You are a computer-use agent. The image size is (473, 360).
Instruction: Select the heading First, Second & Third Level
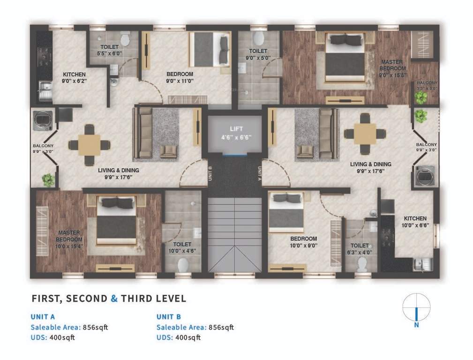coord(109,299)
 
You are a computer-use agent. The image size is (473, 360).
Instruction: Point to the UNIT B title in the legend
coord(169,317)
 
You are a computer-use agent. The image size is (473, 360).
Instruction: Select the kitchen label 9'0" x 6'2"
coord(75,77)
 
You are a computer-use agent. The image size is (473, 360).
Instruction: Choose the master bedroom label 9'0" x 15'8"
coord(392,68)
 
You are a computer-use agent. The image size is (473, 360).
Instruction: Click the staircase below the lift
coord(235,234)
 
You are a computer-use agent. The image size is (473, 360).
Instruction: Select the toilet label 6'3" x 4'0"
coord(360,249)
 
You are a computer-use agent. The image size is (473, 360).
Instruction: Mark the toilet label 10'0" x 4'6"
coord(182,247)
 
